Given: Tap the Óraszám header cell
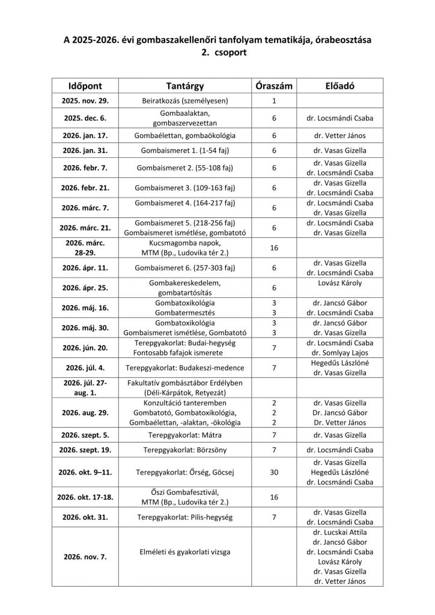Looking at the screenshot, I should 273,86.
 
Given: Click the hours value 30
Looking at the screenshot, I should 274,473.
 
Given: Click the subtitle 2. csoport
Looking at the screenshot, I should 218,52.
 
